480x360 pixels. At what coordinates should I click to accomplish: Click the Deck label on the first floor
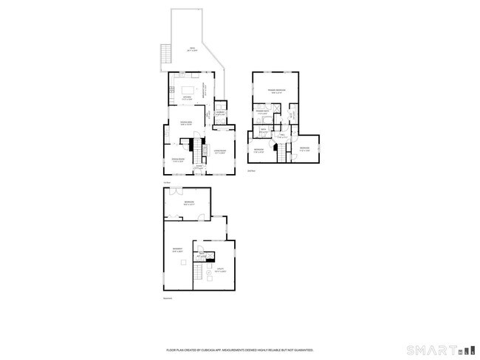pyautogui.click(x=191, y=49)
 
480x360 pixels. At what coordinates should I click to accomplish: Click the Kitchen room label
pyautogui.click(x=188, y=98)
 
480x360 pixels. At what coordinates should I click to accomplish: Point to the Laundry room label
pyautogui.click(x=220, y=113)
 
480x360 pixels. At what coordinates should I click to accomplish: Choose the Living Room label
pyautogui.click(x=219, y=153)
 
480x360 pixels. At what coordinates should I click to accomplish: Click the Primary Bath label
pyautogui.click(x=262, y=113)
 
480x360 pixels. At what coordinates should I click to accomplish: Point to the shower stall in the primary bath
pyautogui.click(x=275, y=108)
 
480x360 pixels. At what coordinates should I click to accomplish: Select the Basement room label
pyautogui.click(x=177, y=249)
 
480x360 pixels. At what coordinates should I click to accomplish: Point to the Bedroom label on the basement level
pyautogui.click(x=189, y=203)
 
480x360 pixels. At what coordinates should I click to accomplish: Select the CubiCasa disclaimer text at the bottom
pyautogui.click(x=240, y=350)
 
